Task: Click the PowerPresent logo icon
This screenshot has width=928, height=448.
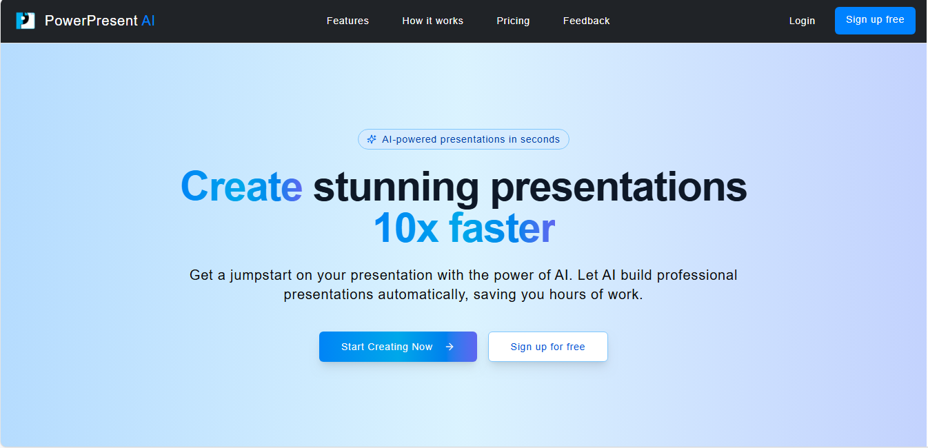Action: pyautogui.click(x=26, y=21)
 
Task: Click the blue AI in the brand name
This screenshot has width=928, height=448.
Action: pyautogui.click(x=148, y=21)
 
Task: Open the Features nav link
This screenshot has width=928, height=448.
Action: pyautogui.click(x=347, y=21)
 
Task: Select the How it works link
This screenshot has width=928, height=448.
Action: pyautogui.click(x=432, y=21)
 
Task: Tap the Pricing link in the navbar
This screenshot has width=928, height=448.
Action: pyautogui.click(x=513, y=21)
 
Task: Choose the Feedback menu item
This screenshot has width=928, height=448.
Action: pyautogui.click(x=586, y=21)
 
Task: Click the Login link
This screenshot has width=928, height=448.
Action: pyautogui.click(x=802, y=21)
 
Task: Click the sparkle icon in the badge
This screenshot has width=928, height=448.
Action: pyautogui.click(x=372, y=139)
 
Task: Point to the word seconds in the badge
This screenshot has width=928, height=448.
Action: pyautogui.click(x=540, y=139)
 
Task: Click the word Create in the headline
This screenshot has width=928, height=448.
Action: pyautogui.click(x=241, y=187)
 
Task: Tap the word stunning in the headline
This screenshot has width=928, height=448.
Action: pyautogui.click(x=396, y=188)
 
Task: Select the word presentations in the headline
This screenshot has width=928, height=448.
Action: pyautogui.click(x=619, y=188)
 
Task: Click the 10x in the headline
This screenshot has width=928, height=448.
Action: pyautogui.click(x=405, y=227)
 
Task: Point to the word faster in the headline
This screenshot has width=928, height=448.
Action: pyautogui.click(x=502, y=227)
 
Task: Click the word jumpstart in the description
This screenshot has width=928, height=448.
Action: pyautogui.click(x=261, y=275)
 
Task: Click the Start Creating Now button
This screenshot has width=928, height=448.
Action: pyautogui.click(x=398, y=347)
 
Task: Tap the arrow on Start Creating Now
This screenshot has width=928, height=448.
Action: pyautogui.click(x=450, y=347)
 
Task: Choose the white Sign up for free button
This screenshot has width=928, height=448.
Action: pyautogui.click(x=547, y=347)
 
